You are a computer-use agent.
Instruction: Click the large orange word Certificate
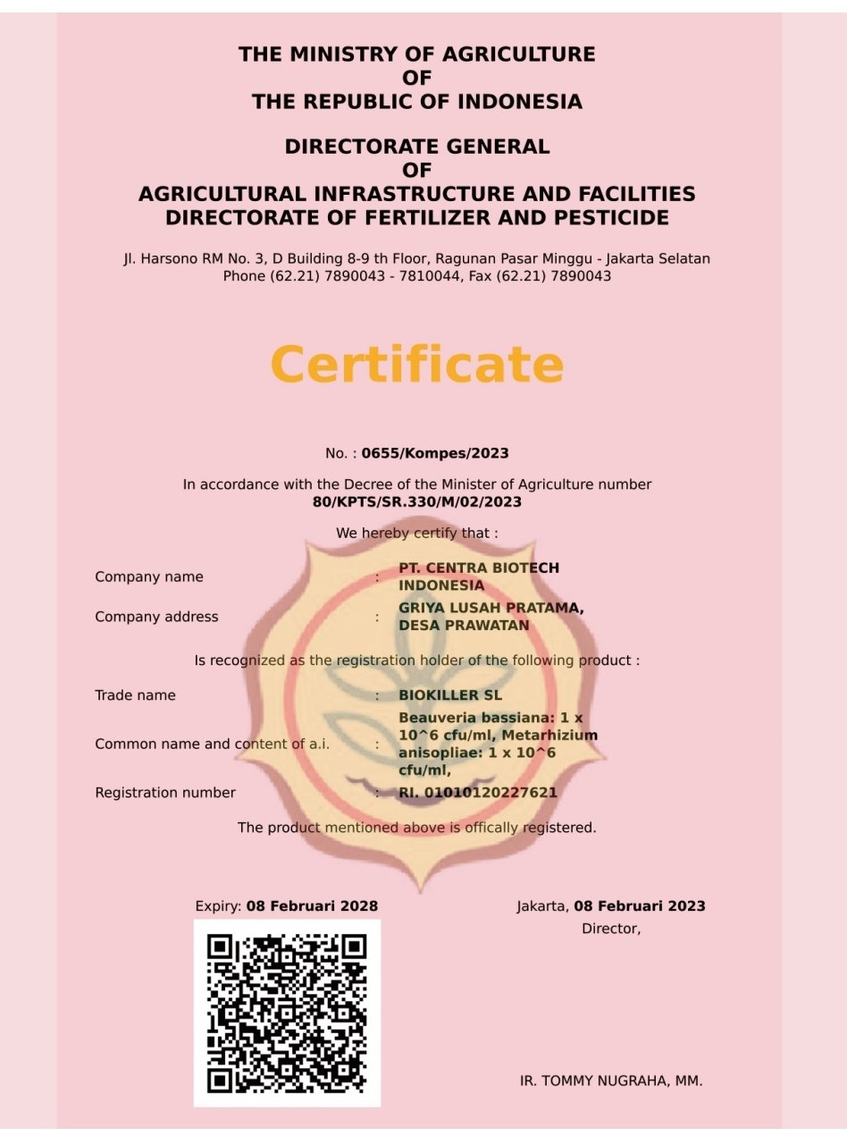416,365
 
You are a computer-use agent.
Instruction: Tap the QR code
287,1013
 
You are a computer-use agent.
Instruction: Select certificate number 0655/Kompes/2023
435,453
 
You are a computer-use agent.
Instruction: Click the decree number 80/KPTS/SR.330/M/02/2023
416,502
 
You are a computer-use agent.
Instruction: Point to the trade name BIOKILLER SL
450,695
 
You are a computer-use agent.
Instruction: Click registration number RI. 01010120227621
478,793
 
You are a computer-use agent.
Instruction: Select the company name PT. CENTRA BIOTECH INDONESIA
479,576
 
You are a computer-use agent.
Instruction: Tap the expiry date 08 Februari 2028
312,906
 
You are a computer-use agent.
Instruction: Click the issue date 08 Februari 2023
639,906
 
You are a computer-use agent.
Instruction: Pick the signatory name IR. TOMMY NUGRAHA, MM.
611,1081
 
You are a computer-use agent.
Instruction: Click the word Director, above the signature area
611,929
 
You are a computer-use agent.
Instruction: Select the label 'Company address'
156,617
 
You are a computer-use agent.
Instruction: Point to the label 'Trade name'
135,695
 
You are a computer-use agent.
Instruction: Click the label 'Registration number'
165,793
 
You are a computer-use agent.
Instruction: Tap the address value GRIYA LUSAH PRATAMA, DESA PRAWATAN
491,617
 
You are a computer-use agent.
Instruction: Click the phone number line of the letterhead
416,276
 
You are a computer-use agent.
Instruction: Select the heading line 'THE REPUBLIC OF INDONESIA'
416,102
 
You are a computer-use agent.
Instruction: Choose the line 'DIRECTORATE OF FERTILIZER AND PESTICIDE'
416,217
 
